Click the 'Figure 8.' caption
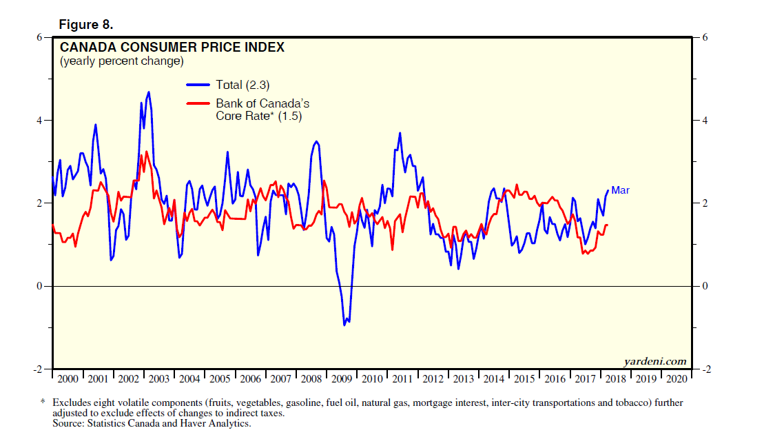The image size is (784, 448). click(85, 25)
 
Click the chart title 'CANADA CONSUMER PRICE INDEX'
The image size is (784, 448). click(172, 48)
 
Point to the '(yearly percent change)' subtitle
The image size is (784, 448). click(121, 61)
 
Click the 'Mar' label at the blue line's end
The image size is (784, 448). click(620, 190)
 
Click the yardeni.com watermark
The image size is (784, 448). click(654, 361)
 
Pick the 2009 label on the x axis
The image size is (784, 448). click(342, 379)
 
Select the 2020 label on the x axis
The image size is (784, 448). click(676, 379)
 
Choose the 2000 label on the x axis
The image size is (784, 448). click(68, 379)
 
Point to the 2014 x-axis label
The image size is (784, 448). click(493, 379)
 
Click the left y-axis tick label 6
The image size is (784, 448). click(40, 37)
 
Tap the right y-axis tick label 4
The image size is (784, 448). click(705, 121)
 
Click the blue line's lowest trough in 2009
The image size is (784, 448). click(344, 324)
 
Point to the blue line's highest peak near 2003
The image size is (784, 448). click(148, 92)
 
